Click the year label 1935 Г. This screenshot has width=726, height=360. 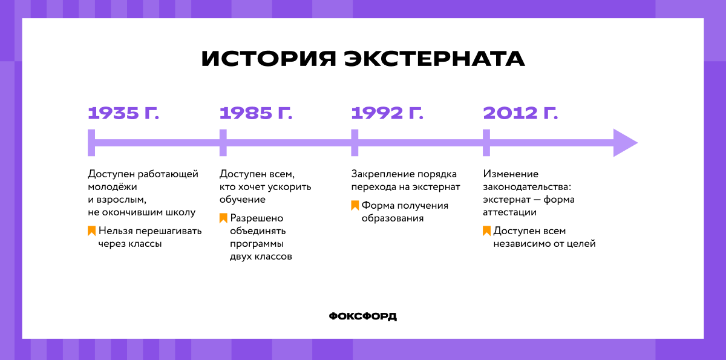tap(123, 113)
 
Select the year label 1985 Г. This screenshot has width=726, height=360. tap(255, 113)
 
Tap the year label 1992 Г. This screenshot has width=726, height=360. tap(387, 113)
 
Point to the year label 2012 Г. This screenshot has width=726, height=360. tap(520, 113)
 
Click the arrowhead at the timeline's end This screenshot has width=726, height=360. tap(624, 143)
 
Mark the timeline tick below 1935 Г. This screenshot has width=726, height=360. tap(91, 143)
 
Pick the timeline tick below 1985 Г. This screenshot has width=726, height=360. tap(223, 143)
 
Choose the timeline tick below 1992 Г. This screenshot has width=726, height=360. tap(355, 143)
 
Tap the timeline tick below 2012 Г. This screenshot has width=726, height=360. tap(486, 143)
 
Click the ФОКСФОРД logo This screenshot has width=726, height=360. tap(363, 316)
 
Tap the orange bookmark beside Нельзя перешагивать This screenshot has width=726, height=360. tap(91, 231)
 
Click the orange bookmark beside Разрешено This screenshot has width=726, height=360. tap(223, 218)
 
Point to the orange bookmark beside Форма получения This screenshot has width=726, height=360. tap(355, 205)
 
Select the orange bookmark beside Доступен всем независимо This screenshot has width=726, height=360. tap(486, 231)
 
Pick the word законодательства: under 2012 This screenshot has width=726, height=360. tap(527, 187)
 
